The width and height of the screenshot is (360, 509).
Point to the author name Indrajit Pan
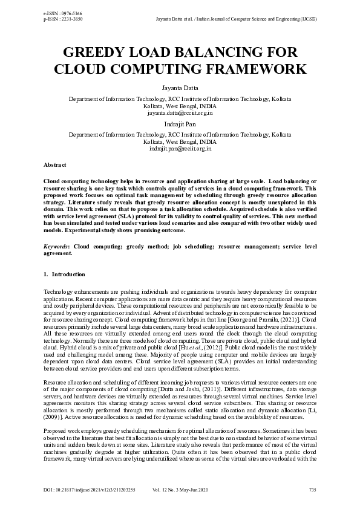pos(180,124)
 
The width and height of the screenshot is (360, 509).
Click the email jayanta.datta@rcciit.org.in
pos(180,113)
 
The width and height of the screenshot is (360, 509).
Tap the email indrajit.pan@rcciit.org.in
pos(180,148)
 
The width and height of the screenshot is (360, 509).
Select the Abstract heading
pos(55,164)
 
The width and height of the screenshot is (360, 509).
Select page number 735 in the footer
pos(312,488)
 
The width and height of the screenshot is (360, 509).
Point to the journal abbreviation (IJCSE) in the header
pos(307,19)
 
